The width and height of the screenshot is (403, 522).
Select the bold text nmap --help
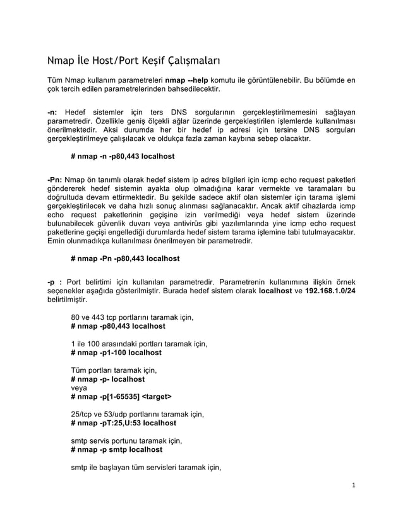189,82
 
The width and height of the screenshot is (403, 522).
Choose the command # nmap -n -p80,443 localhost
123,155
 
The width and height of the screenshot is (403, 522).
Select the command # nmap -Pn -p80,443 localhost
125,258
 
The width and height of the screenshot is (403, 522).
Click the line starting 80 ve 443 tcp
131,317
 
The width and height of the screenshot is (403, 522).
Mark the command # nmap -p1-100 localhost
116,353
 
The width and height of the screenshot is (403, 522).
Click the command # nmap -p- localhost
108,379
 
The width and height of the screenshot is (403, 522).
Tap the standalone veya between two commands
79,388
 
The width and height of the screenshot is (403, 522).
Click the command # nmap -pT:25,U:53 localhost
124,423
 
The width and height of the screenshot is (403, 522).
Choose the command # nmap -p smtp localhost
116,450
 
